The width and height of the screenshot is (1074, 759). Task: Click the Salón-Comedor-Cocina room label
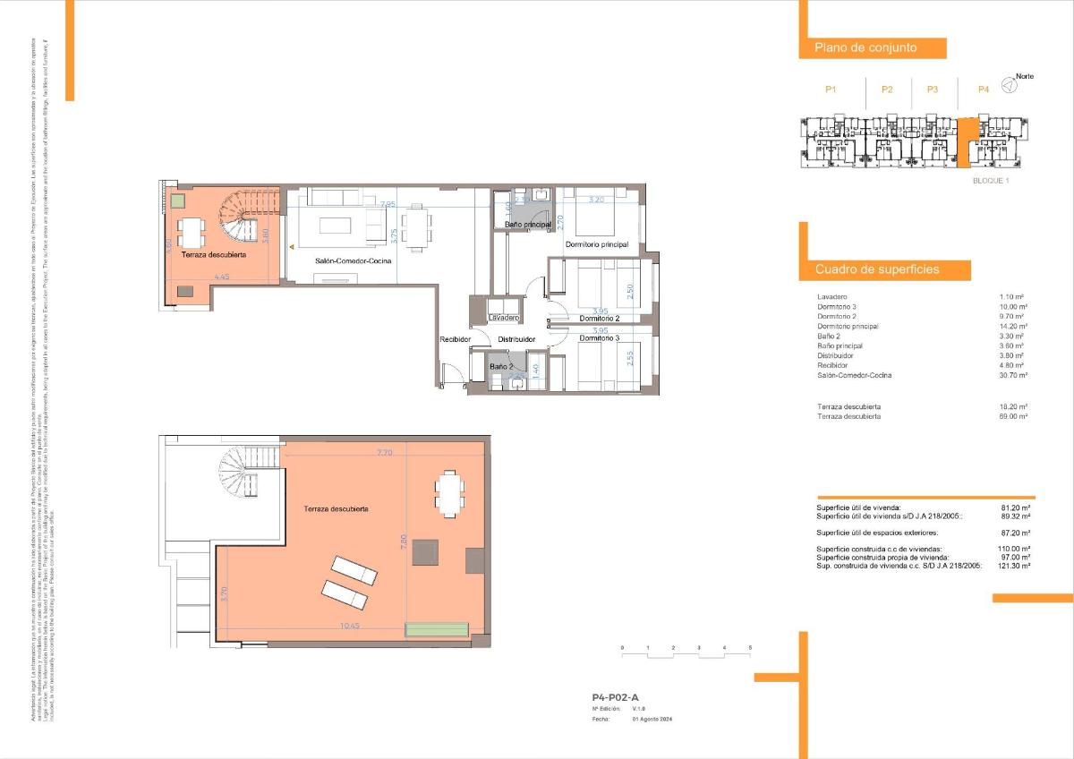click(352, 261)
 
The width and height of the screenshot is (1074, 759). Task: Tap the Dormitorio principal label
click(596, 244)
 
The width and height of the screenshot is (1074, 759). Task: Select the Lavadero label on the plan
click(504, 318)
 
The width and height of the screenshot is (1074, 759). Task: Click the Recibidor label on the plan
click(455, 339)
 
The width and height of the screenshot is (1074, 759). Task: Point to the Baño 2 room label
click(501, 366)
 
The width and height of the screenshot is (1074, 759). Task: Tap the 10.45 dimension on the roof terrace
click(351, 626)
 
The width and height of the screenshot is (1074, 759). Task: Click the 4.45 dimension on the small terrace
click(221, 277)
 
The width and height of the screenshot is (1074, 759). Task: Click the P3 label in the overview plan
click(933, 90)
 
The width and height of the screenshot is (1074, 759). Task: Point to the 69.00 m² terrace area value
click(1013, 416)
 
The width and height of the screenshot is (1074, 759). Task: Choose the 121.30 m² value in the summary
click(1013, 566)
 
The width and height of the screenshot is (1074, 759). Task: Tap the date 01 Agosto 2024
click(652, 718)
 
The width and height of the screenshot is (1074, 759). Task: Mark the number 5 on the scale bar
click(750, 646)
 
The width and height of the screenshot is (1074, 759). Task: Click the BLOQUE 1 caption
click(991, 180)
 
